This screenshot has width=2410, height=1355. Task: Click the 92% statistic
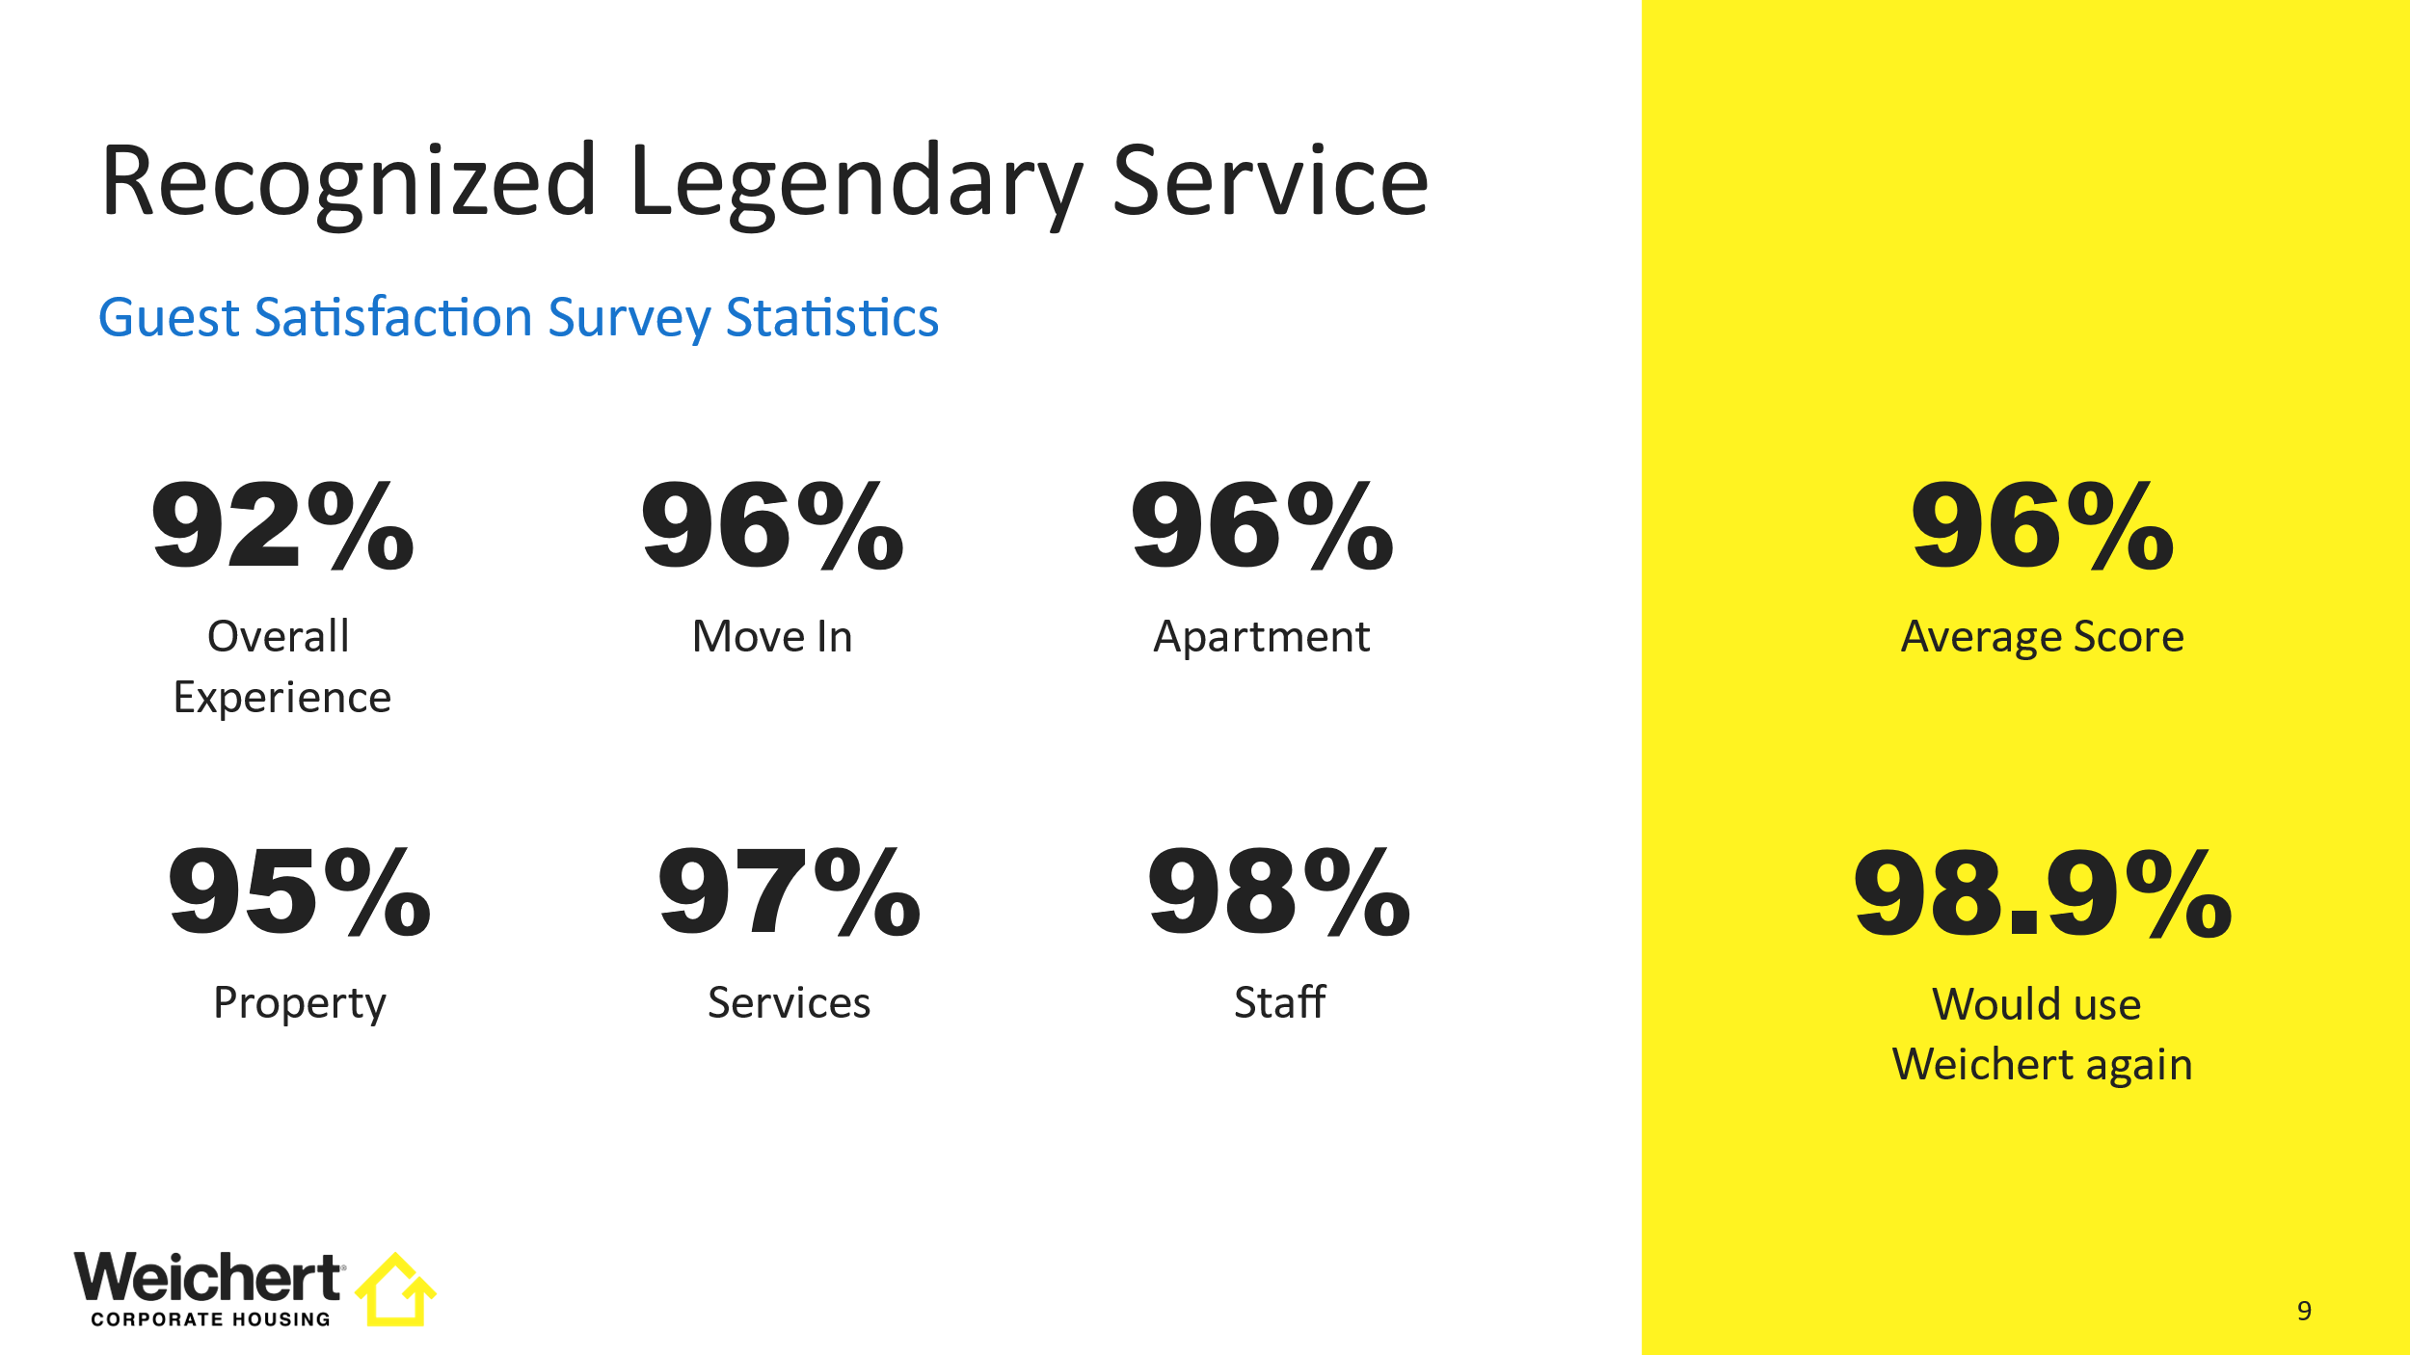(282, 526)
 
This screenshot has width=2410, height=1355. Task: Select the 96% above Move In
(772, 526)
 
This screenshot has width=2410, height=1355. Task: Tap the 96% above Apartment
(1262, 526)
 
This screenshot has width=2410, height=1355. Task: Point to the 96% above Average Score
(2042, 526)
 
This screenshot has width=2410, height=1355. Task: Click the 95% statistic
(300, 892)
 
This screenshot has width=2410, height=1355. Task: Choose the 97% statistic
(790, 892)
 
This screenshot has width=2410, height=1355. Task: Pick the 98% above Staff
(1279, 892)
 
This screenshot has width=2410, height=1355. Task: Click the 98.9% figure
(2042, 892)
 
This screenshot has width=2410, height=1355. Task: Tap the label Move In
(772, 637)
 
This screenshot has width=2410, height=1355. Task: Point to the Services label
(790, 1003)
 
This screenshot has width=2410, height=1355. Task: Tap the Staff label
(1279, 1002)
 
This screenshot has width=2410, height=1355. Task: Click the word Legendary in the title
(857, 183)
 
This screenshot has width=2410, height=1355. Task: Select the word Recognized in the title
(349, 183)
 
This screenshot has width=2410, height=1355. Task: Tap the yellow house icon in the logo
(396, 1289)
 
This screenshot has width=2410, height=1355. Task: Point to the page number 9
(2304, 1311)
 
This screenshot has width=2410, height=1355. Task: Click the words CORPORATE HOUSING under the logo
(210, 1319)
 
